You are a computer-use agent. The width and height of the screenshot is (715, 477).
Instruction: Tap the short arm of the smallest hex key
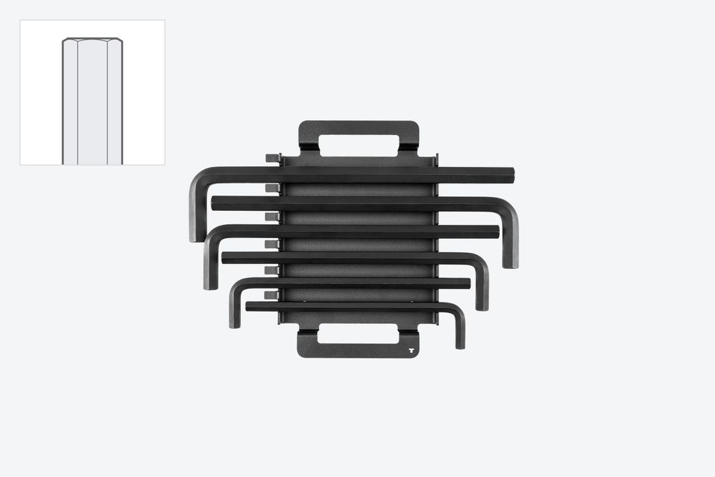click(460, 332)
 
